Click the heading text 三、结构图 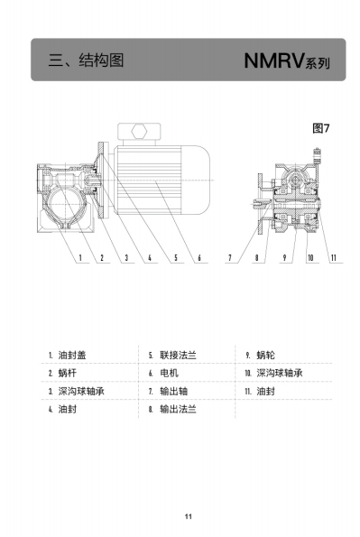click(x=86, y=60)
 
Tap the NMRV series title click(x=287, y=60)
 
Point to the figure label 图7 click(x=321, y=128)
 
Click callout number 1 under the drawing click(x=80, y=257)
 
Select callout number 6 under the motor click(x=199, y=257)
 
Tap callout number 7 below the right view click(x=230, y=257)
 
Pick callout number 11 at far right click(x=334, y=257)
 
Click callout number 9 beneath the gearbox click(x=284, y=257)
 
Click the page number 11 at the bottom click(x=188, y=516)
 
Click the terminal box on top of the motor click(x=139, y=132)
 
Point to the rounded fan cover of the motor click(x=195, y=181)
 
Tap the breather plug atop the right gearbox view click(x=317, y=156)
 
